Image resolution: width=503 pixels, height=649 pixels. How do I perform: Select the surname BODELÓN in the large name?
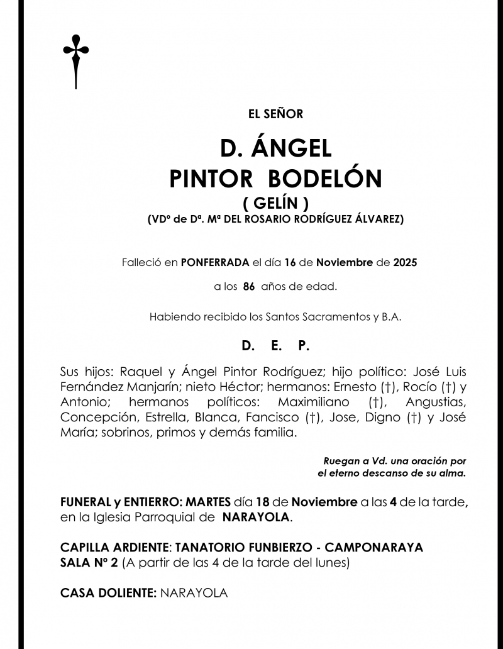[325, 180]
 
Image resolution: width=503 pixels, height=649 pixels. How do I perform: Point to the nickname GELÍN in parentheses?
[275, 203]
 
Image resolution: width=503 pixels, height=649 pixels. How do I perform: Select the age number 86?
[248, 286]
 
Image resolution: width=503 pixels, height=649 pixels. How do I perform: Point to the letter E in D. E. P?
[276, 346]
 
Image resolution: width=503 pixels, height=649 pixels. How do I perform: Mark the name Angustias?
[436, 402]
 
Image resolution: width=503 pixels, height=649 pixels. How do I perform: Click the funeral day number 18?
[264, 502]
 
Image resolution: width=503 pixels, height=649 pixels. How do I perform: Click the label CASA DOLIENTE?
[108, 593]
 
